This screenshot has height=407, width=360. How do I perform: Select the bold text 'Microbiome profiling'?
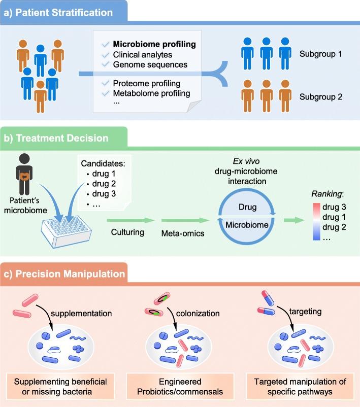click(x=154, y=45)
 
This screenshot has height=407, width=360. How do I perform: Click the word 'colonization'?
click(x=203, y=313)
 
